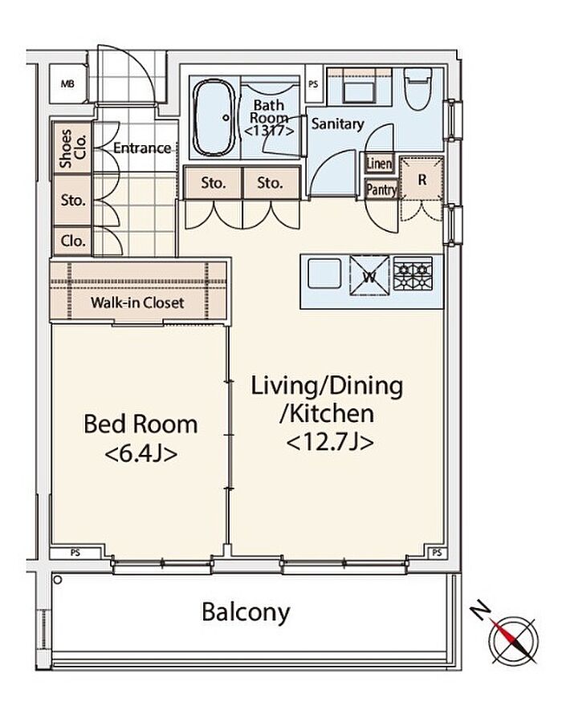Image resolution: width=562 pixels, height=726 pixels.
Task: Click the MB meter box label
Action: pos(67,85)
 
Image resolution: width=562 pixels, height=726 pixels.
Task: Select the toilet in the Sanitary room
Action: pos(418,88)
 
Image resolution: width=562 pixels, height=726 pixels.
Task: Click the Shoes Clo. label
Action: pos(72,148)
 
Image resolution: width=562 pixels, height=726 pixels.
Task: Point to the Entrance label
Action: pos(142,148)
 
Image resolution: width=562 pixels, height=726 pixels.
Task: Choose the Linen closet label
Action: pos(379,164)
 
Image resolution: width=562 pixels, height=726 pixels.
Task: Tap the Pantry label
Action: pos(381,189)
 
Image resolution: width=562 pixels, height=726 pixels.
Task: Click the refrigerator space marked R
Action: pos(422,179)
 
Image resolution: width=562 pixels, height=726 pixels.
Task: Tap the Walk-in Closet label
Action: pos(137,302)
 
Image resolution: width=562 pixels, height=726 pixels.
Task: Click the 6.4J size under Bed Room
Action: pos(140,454)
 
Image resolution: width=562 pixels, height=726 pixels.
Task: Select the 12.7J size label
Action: pos(330,443)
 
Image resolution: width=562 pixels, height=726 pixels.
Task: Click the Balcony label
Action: pos(246,612)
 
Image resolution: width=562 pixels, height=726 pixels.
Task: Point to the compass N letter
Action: pos(482,611)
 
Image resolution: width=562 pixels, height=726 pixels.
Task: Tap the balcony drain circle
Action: pos(58,579)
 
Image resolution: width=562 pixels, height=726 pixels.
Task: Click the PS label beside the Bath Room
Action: pos(313,85)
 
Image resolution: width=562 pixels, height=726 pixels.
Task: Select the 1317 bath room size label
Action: pos(269,132)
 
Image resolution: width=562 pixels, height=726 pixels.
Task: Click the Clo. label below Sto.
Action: pos(73,241)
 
